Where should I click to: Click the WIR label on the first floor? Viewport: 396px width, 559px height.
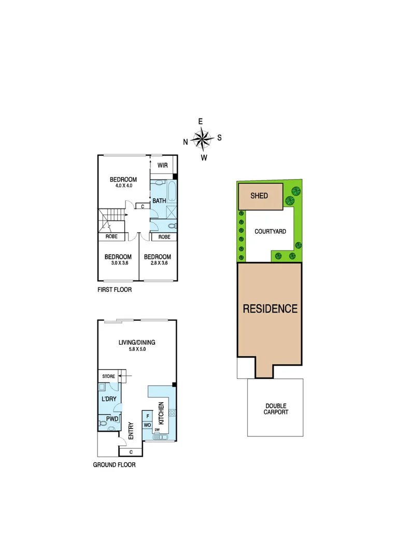(162, 166)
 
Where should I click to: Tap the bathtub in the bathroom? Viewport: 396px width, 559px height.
(172, 194)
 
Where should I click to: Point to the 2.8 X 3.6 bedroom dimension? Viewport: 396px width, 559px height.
(157, 263)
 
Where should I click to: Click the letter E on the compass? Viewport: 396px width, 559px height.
(201, 121)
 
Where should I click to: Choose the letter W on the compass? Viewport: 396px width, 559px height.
(204, 157)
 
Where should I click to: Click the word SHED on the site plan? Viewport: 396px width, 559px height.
(259, 196)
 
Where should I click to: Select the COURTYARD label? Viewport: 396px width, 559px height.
(271, 231)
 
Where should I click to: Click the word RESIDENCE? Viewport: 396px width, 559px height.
(270, 309)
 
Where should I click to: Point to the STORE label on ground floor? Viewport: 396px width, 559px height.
(108, 376)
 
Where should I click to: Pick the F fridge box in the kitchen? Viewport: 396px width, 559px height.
(148, 416)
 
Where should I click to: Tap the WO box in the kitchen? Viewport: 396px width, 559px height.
(147, 425)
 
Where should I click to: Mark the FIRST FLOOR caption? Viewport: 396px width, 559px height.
(115, 290)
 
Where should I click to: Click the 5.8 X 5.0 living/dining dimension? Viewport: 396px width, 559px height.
(137, 349)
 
